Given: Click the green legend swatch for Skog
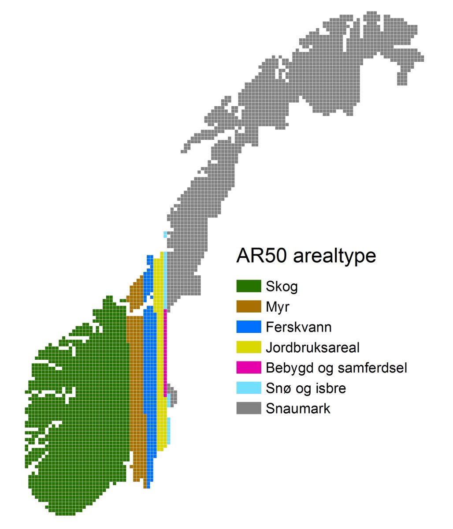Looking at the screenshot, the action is coord(249,286).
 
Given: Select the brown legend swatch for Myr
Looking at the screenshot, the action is coord(249,306).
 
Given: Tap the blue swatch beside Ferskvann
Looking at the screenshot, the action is coord(249,327).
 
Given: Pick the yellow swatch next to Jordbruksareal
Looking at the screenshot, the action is coord(249,347).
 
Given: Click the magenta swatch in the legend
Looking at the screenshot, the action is coord(249,367).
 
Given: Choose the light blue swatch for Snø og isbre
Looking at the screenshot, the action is coord(249,388).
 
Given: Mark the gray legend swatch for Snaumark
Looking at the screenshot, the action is coord(249,408).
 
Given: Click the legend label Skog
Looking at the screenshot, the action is coord(282,287).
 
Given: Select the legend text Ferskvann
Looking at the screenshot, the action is coord(299,327).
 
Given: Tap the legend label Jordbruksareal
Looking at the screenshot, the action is coord(313,347).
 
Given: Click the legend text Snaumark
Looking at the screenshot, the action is coord(298,408).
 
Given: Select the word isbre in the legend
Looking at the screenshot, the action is coord(330,388).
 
